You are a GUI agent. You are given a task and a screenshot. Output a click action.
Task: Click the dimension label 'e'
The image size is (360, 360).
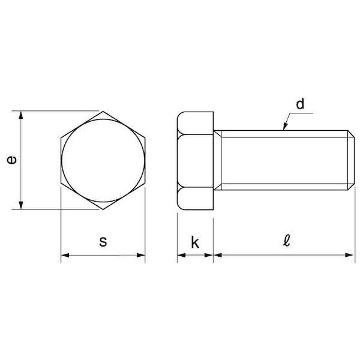(12, 160)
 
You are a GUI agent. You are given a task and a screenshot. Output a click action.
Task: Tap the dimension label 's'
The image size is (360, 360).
(103, 242)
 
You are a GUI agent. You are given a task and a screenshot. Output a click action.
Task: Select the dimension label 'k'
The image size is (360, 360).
(195, 242)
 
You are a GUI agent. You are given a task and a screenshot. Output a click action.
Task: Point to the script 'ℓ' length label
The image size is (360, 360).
(286, 241)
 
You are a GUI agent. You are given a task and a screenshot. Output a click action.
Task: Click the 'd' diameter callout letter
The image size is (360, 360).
(300, 104)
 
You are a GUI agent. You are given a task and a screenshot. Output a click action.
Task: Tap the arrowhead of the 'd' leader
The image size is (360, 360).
(285, 126)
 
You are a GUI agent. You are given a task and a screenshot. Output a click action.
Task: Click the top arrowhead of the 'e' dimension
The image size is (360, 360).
(21, 115)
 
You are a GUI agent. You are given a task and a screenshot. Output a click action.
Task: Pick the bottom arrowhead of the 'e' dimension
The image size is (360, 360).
(21, 205)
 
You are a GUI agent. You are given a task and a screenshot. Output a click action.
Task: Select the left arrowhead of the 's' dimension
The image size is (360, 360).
(65, 255)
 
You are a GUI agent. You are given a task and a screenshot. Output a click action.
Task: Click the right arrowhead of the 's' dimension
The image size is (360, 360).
(141, 255)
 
